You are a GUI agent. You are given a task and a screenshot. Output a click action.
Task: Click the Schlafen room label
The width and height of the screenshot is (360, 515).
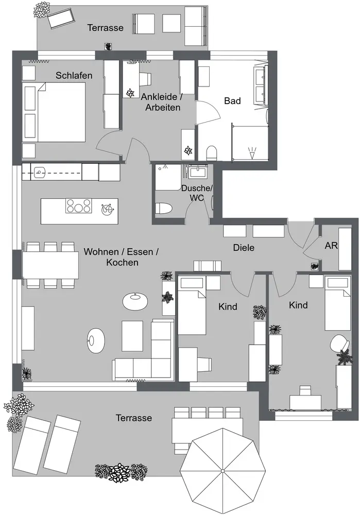[x=74, y=76]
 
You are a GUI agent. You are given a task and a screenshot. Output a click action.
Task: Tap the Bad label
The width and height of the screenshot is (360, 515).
[x=232, y=101]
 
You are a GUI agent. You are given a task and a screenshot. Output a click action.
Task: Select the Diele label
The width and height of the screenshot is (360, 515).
[x=244, y=248]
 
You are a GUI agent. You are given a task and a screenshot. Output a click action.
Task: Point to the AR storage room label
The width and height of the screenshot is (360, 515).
[x=331, y=246]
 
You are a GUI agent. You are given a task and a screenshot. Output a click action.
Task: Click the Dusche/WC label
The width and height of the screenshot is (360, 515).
[x=196, y=193]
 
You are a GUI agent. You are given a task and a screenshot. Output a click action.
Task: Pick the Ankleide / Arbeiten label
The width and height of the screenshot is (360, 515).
[x=162, y=102]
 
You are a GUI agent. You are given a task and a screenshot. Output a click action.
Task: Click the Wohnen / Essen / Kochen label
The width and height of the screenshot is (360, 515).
[x=122, y=257]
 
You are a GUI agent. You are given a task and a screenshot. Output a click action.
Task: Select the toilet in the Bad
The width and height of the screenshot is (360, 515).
[x=211, y=153]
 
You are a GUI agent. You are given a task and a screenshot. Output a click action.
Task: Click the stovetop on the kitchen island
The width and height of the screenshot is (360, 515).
[x=79, y=206]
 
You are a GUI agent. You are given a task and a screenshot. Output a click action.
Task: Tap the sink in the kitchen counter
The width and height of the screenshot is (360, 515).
[x=40, y=171]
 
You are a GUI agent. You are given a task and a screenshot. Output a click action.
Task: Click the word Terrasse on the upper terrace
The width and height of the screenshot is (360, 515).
[x=105, y=28]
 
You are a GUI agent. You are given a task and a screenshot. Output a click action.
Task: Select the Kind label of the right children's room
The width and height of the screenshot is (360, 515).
[x=298, y=305]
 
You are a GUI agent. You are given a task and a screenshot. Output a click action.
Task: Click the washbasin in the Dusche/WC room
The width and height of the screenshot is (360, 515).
[x=197, y=171]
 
